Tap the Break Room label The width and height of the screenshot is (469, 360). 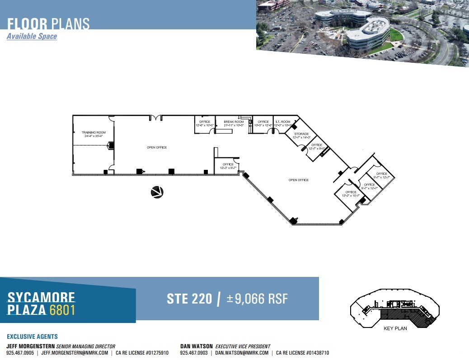(234, 123)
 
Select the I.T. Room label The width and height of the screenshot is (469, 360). (284, 123)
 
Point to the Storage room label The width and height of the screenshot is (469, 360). (301, 136)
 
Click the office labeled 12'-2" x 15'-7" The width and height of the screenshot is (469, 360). (351, 194)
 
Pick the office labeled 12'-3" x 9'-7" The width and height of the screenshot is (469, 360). (228, 166)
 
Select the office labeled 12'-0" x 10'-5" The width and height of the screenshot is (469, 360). (205, 123)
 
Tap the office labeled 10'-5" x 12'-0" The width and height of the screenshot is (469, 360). (263, 123)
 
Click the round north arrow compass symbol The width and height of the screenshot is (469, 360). (157, 192)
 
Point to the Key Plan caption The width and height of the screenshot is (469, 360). (395, 328)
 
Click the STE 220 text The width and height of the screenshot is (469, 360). (189, 299)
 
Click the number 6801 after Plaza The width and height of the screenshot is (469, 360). (62, 310)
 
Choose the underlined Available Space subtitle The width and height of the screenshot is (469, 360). (32, 36)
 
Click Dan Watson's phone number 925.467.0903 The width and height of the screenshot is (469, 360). (195, 353)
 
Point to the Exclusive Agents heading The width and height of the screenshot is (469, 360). (32, 337)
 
